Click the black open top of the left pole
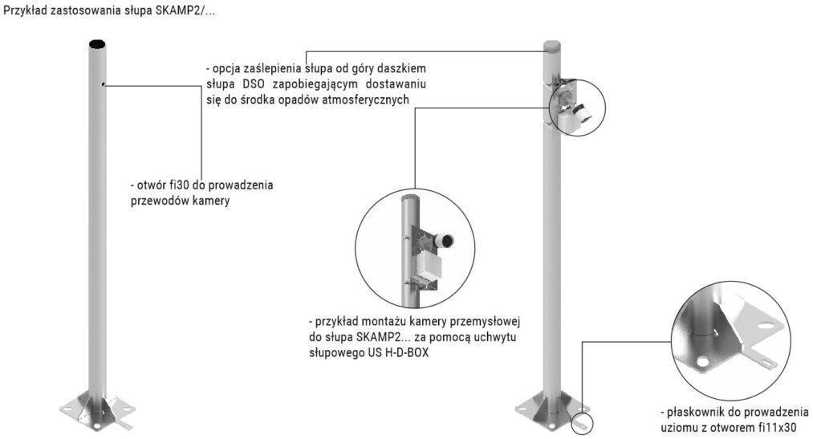pos(97,45)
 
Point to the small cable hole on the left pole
pos(104,84)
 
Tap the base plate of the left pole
pos(97,411)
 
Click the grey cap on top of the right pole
pos(552,46)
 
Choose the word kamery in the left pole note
pos(213,201)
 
